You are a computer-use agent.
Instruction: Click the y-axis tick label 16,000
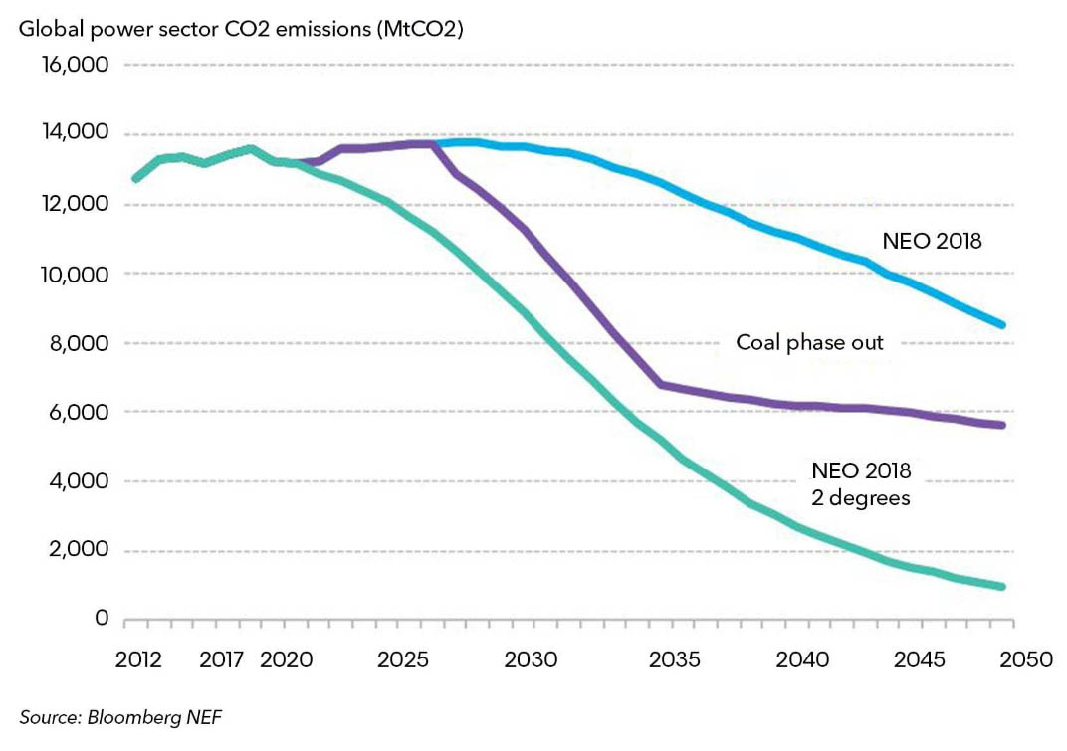tap(75, 66)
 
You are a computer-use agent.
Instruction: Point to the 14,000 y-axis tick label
tap(75, 134)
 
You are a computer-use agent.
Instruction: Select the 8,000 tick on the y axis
tap(79, 344)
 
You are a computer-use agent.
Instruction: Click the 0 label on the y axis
tap(102, 619)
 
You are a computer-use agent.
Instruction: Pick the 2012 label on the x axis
tap(138, 660)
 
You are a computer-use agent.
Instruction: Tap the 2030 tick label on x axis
tap(530, 660)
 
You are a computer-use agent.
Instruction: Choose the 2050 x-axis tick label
tap(1016, 660)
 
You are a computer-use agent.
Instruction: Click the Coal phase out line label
tap(809, 343)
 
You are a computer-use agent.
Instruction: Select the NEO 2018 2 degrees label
tap(861, 484)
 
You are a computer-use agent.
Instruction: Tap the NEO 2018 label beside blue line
tap(932, 241)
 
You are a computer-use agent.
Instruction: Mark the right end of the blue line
tap(1002, 325)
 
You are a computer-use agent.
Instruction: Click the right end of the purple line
tap(1002, 426)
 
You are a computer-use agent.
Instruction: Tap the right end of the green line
tap(1002, 587)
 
